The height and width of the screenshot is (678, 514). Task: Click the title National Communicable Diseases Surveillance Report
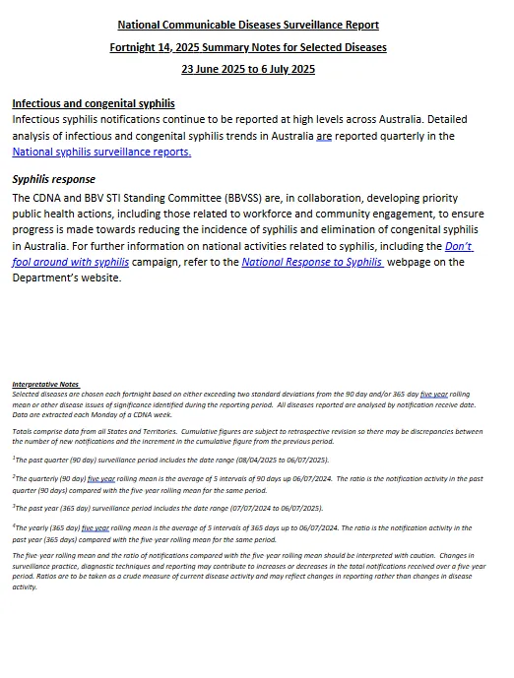point(248,25)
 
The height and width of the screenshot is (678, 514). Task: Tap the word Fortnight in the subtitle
point(136,47)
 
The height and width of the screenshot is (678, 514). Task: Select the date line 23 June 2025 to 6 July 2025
point(248,69)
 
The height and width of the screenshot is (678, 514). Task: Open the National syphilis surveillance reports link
point(101,152)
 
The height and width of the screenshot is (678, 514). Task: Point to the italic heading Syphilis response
point(53,180)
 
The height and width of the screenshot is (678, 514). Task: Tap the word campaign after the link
point(157,262)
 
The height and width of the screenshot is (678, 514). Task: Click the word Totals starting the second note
point(24,431)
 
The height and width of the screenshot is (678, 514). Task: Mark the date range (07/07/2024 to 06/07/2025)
point(265,508)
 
